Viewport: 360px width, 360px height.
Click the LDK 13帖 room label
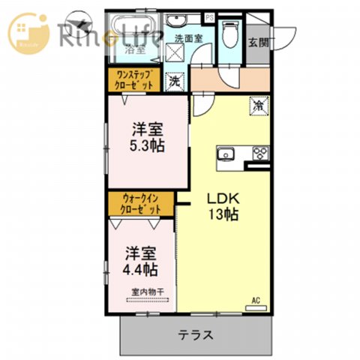click(223, 206)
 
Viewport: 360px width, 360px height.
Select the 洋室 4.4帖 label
click(141, 259)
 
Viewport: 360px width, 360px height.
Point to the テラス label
click(196, 334)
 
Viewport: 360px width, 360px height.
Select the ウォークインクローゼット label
click(142, 204)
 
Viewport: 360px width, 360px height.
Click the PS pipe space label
click(209, 17)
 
